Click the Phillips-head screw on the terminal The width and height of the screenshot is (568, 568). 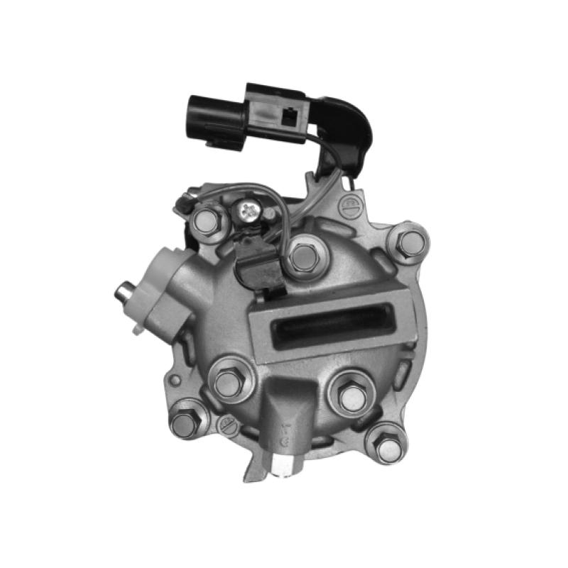250,209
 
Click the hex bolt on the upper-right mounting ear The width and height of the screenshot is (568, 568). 410,244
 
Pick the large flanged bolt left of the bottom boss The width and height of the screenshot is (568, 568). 229,383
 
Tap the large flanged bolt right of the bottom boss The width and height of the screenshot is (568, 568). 351,396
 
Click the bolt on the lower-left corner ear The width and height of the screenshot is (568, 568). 184,425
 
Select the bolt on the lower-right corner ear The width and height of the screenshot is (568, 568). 387,447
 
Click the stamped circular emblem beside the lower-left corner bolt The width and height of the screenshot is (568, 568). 228,425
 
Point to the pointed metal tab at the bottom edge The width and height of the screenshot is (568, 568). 251,470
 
